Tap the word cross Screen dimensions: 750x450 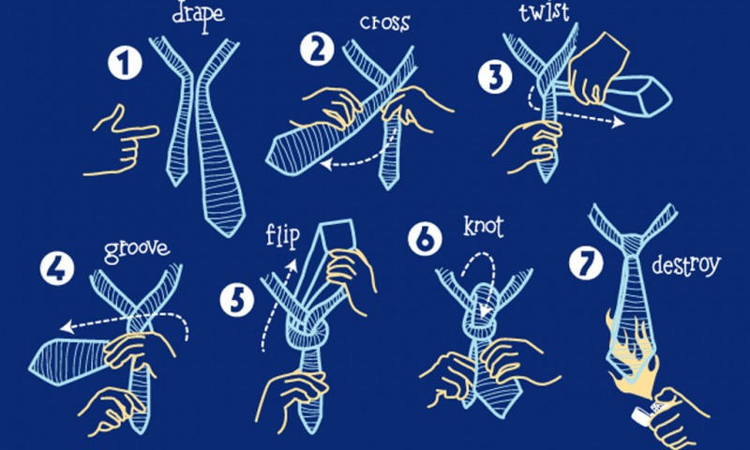[x=385, y=23]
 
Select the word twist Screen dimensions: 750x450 [x=544, y=11]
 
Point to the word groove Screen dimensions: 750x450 [x=137, y=250]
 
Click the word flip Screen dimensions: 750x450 [x=283, y=235]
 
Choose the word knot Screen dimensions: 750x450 [x=483, y=226]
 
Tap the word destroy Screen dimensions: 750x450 [x=686, y=265]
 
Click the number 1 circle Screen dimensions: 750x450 [x=125, y=64]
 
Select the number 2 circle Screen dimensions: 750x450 [x=317, y=50]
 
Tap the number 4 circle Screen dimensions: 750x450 [x=57, y=269]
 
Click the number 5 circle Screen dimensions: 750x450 [x=237, y=300]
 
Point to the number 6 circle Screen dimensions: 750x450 [x=425, y=239]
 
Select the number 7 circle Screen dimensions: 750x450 [x=586, y=263]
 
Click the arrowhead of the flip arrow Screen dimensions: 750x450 [x=292, y=265]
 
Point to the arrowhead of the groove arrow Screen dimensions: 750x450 [x=66, y=327]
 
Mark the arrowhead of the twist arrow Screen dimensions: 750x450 [x=619, y=122]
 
